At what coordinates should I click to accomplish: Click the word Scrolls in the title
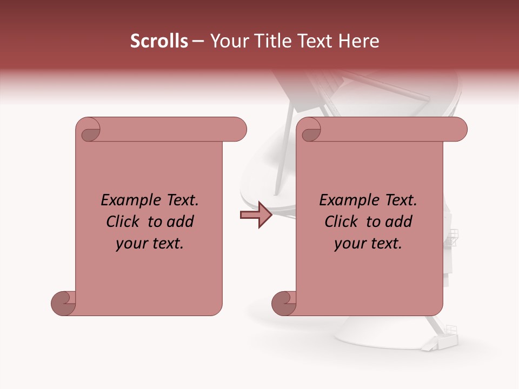159,41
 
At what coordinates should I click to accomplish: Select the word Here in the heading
360,41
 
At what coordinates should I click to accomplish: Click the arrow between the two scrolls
256,214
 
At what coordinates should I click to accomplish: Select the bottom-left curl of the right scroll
284,303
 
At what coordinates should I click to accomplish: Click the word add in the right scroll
398,222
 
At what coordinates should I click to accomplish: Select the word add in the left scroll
179,222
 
